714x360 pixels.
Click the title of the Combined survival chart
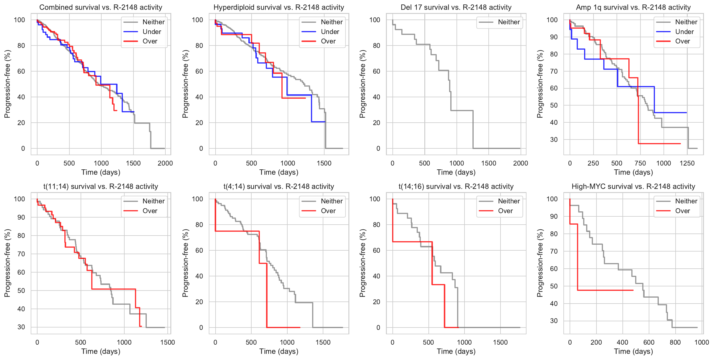click(101, 7)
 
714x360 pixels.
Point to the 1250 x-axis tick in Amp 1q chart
click(687, 163)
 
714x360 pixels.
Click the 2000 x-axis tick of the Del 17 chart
click(521, 163)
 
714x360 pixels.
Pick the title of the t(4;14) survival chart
click(279, 187)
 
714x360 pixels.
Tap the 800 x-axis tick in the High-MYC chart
click(675, 342)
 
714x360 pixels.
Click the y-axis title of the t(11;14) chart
click(7, 263)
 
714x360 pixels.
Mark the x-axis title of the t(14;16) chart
click(456, 351)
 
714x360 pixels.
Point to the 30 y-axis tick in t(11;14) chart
click(21, 327)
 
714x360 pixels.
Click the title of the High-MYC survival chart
click(633, 187)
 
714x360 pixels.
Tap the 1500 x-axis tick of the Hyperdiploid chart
click(324, 163)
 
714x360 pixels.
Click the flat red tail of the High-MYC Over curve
click(605, 290)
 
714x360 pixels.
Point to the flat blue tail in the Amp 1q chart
click(670, 113)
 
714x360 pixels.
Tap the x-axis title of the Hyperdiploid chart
click(279, 172)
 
